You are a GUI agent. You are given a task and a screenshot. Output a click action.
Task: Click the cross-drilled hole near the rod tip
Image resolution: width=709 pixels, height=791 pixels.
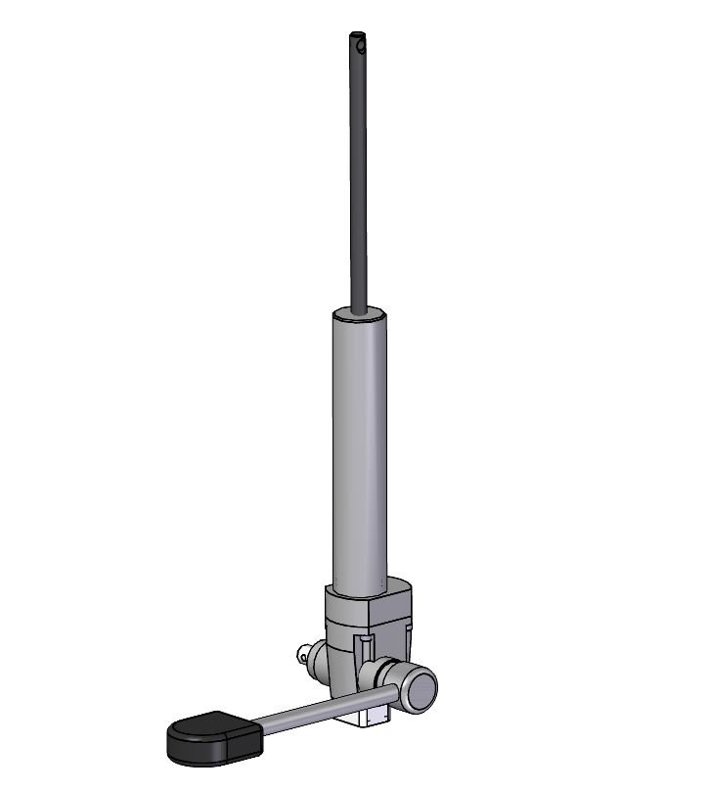point(361,45)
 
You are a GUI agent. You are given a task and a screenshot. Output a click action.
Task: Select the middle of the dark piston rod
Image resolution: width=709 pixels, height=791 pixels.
point(360,176)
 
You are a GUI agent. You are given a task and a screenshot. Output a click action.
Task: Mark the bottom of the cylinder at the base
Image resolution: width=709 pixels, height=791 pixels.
point(359,590)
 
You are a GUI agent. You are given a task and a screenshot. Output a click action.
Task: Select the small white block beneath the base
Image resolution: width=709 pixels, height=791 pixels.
point(373,717)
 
